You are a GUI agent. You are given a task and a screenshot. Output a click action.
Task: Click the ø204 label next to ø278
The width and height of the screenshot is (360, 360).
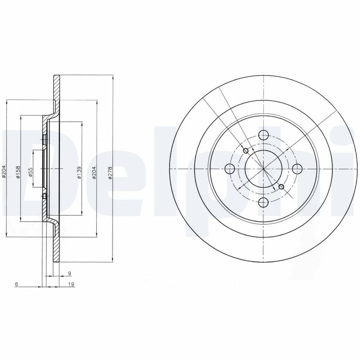[94, 173]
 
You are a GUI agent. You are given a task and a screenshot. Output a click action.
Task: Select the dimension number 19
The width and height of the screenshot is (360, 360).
[71, 284]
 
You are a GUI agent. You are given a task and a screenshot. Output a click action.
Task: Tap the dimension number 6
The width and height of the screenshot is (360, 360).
[16, 284]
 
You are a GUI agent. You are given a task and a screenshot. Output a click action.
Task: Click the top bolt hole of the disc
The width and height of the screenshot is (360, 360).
[264, 135]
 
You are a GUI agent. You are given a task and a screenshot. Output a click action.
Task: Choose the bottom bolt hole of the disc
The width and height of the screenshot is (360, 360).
[264, 202]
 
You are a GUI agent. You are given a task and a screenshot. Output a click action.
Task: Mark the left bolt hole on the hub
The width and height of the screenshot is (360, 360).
[229, 169]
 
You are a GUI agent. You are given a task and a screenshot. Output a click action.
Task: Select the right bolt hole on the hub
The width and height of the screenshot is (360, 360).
[297, 168]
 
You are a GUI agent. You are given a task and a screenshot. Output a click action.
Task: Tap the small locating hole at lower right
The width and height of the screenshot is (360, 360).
[282, 187]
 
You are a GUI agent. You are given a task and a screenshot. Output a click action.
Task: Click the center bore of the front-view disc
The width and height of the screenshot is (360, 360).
[264, 168]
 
